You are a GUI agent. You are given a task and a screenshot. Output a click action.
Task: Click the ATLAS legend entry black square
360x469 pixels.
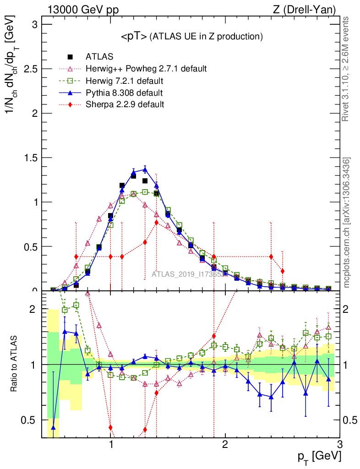coord(70,57)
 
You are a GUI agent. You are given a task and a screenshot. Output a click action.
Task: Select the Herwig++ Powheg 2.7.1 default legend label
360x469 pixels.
coord(146,69)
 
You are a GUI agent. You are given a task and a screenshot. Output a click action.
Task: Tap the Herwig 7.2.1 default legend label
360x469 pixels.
coord(125,81)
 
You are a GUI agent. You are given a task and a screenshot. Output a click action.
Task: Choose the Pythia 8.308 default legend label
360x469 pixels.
coord(124,93)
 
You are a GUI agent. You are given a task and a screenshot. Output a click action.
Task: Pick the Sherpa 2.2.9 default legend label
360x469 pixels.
coord(125,104)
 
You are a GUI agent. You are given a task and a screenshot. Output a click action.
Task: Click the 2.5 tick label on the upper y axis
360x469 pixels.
coord(32,69)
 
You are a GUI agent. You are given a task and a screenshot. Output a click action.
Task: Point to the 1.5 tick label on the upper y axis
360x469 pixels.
coord(32,158)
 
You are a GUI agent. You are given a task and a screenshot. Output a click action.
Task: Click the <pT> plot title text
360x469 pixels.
coord(191,37)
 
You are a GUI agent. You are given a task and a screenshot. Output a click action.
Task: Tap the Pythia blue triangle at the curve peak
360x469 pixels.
coord(145,169)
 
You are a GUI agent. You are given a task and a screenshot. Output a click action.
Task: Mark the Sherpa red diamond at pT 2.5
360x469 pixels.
coord(283,271)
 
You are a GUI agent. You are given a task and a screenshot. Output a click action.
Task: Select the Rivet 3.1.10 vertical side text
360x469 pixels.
coord(347,69)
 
